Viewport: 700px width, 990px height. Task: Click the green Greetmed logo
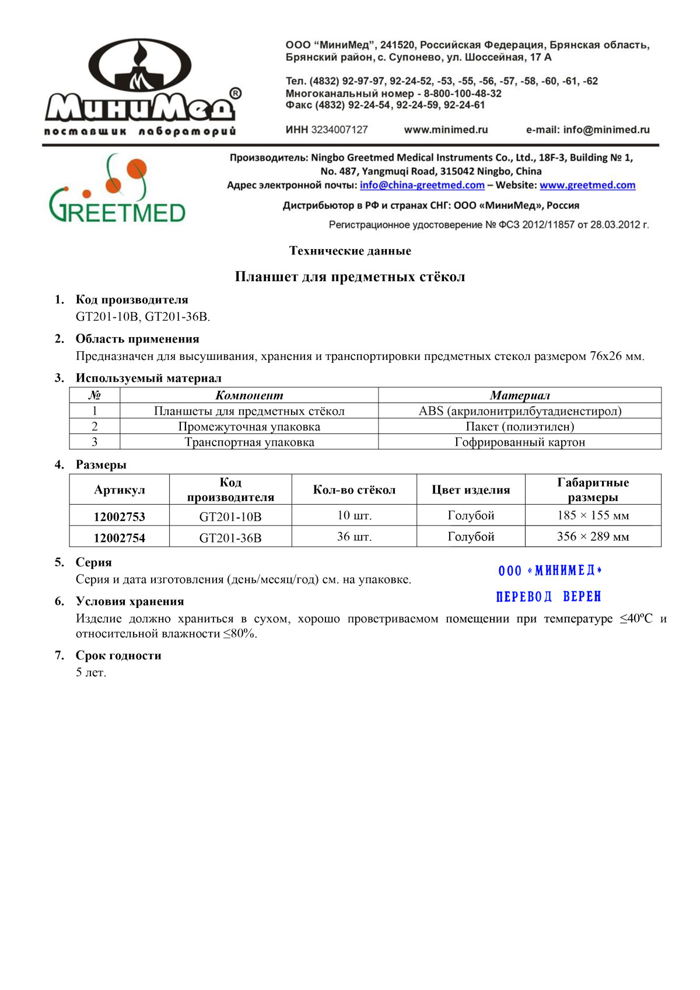(x=117, y=189)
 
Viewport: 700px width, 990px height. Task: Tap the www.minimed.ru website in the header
(x=446, y=130)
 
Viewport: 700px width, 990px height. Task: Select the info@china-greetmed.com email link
(x=422, y=185)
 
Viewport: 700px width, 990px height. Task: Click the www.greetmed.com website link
(x=587, y=185)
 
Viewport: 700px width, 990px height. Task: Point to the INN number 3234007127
(x=339, y=130)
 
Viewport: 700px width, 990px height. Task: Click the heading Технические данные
(x=350, y=251)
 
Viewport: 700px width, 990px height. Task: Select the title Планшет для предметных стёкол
(x=350, y=277)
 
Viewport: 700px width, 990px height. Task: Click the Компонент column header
(x=249, y=396)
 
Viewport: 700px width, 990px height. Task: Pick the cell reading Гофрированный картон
(x=520, y=442)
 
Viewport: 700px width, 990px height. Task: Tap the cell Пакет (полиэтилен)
(x=520, y=426)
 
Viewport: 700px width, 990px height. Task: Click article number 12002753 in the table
(x=119, y=517)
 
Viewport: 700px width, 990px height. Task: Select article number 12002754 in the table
(x=119, y=538)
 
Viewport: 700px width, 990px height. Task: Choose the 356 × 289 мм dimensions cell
(x=593, y=537)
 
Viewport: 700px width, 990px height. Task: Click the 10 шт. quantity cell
(x=354, y=516)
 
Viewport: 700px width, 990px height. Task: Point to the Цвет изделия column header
(x=471, y=490)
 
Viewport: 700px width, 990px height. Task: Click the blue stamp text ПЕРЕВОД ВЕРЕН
(x=548, y=597)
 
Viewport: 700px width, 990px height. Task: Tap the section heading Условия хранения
(x=129, y=601)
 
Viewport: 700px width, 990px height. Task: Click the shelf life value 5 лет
(x=91, y=673)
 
